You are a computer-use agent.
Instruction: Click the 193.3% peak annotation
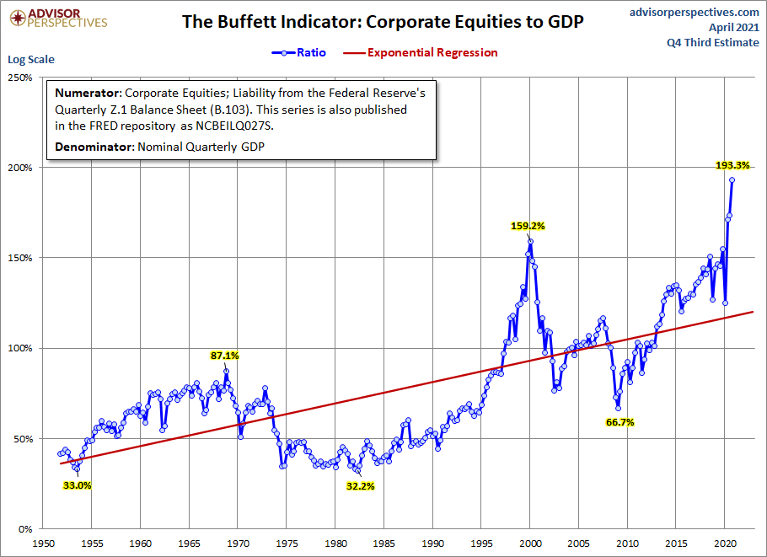[x=732, y=165]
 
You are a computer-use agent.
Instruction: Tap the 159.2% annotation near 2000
[x=528, y=226]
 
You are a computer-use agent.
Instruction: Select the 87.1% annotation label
[x=225, y=356]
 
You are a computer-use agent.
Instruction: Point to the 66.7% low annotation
[x=619, y=422]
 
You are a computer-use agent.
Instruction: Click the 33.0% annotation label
[x=77, y=485]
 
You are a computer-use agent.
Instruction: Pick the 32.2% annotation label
[x=360, y=486]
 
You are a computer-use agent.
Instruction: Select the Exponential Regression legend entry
[x=432, y=52]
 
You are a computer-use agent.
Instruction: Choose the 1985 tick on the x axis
[x=384, y=544]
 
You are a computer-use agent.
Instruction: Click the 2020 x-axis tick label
[x=726, y=544]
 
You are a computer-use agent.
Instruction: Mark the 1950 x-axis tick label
[x=43, y=544]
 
